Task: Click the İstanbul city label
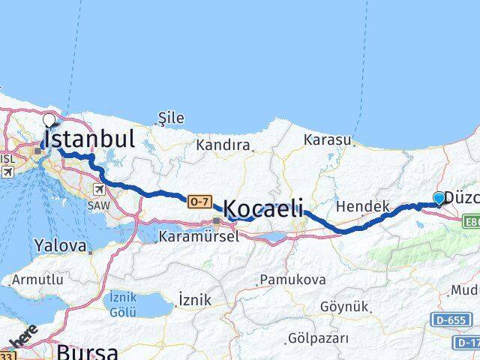(x=90, y=139)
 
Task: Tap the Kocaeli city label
(x=263, y=209)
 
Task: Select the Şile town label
(x=171, y=118)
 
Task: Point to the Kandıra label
(x=222, y=145)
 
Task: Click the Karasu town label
(x=328, y=139)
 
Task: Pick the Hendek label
(x=362, y=205)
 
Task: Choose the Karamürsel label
(x=199, y=236)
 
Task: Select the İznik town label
(x=194, y=300)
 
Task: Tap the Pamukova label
(x=293, y=280)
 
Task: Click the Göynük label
(x=344, y=307)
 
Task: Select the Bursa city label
(x=88, y=351)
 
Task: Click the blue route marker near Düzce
(x=439, y=198)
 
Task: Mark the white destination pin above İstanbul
(x=50, y=119)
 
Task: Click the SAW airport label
(x=98, y=205)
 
